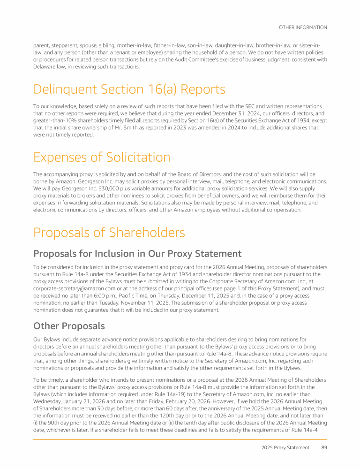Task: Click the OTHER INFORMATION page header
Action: [x=303, y=27]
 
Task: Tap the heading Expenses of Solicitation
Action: [x=101, y=157]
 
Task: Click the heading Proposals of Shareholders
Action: [x=109, y=232]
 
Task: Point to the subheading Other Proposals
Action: [x=69, y=325]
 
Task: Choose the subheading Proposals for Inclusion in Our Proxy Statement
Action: [x=137, y=254]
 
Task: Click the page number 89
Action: [x=324, y=447]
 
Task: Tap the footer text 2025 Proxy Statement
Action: [x=285, y=447]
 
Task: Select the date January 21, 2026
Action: [x=83, y=399]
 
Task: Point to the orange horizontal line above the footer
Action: [x=180, y=438]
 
